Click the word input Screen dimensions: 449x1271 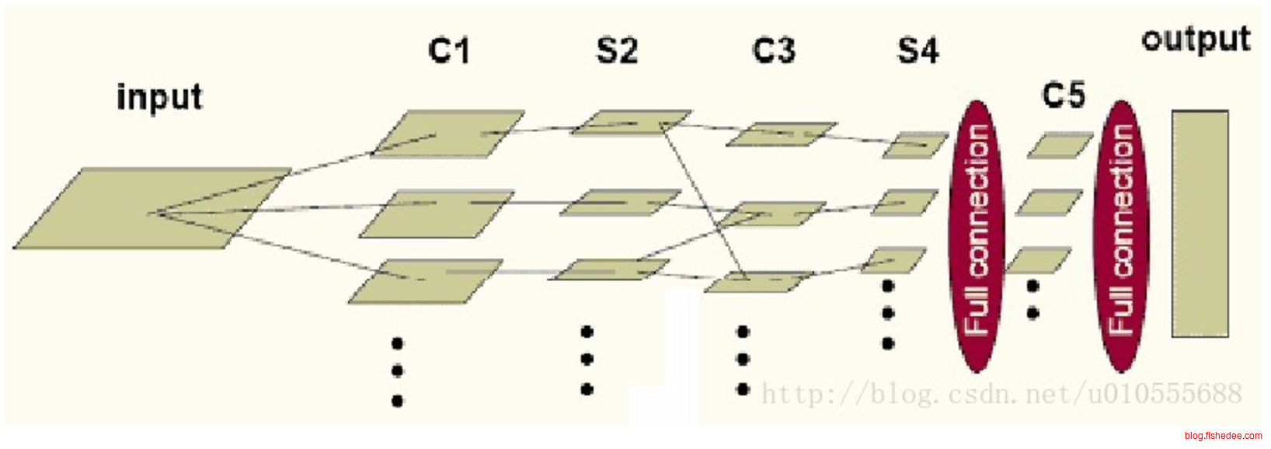click(x=159, y=97)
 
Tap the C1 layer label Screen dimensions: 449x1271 click(x=449, y=50)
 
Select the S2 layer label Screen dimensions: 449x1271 click(x=617, y=50)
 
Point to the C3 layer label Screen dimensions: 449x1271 click(x=774, y=50)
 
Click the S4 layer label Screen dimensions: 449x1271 click(x=918, y=50)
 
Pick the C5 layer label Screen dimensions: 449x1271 click(x=1063, y=96)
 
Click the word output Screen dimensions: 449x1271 click(x=1196, y=39)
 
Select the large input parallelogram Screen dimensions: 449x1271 click(x=151, y=208)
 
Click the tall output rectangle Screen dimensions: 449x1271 click(x=1200, y=224)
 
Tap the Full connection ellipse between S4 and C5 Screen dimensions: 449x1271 click(x=977, y=236)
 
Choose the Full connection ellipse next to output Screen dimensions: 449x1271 click(x=1120, y=236)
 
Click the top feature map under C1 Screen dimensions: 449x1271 click(x=448, y=133)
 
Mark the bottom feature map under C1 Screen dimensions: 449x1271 click(x=425, y=281)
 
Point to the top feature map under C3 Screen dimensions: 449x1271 click(x=781, y=134)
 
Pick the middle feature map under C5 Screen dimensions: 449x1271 click(x=1049, y=203)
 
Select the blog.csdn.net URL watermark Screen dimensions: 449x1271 click(x=1001, y=394)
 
